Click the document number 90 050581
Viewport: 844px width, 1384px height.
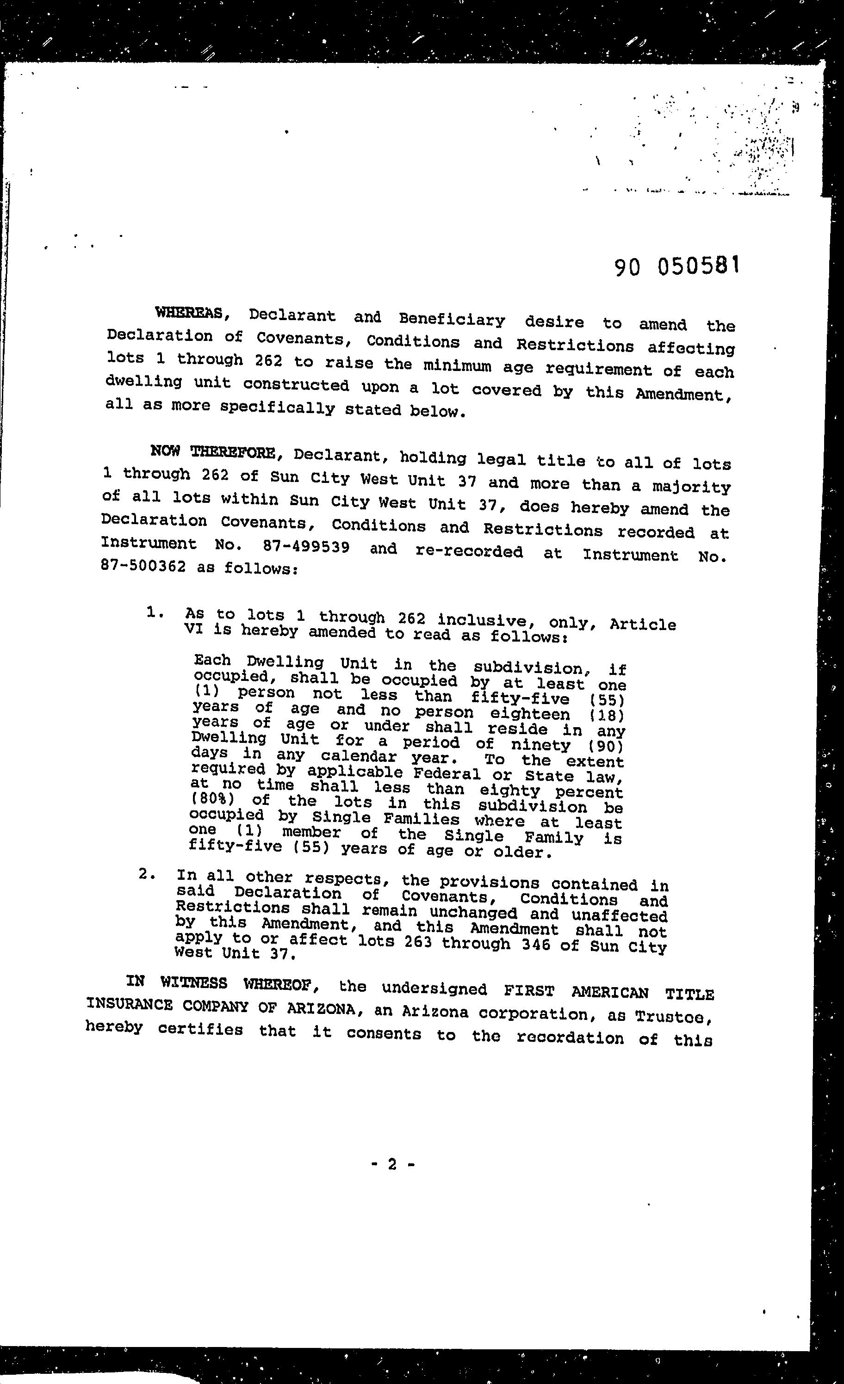point(675,266)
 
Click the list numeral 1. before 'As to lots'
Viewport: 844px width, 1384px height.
point(155,613)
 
